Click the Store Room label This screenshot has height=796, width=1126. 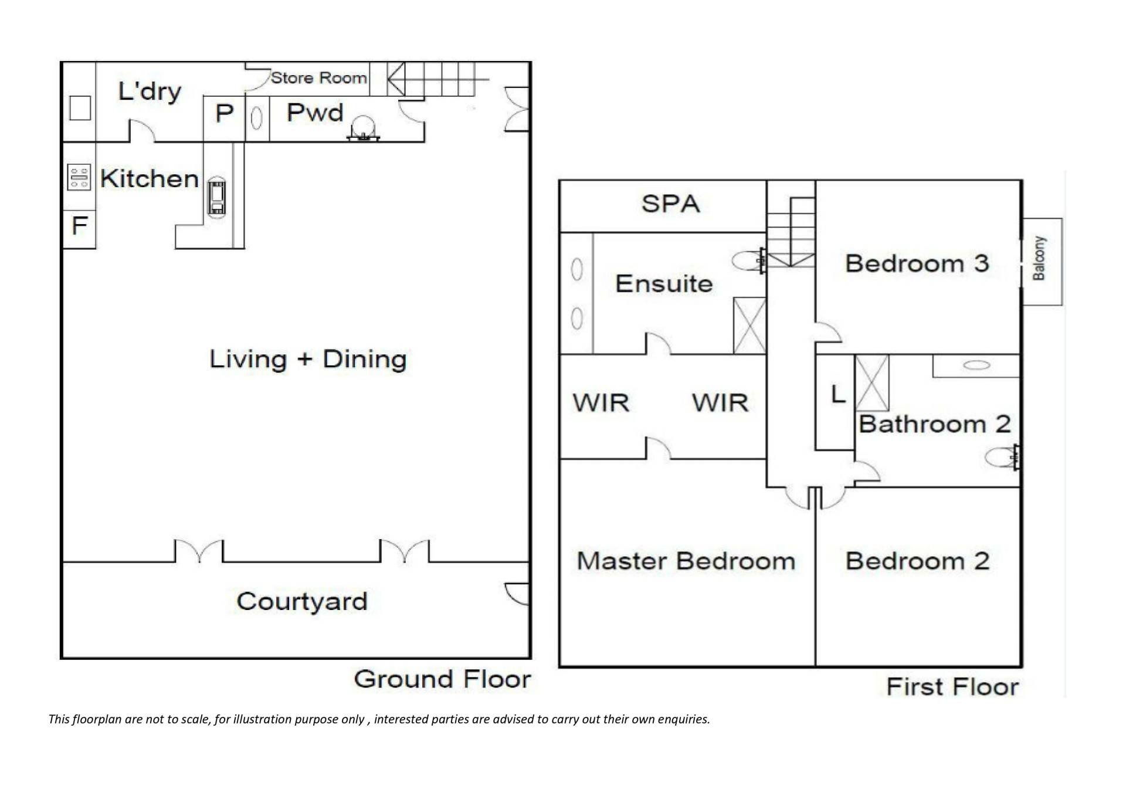coord(319,77)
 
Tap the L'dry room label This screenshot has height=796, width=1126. coord(150,92)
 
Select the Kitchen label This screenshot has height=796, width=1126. coord(150,178)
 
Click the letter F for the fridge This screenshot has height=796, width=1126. coord(80,225)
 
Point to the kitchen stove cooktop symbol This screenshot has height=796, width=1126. coord(79,177)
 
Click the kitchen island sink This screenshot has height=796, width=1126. coord(216,197)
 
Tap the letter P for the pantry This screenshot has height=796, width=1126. coord(225,113)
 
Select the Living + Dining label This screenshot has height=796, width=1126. coord(308,359)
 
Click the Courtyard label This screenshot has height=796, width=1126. coord(302,601)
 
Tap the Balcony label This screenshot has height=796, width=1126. coord(1039,258)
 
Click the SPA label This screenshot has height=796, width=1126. coord(670,204)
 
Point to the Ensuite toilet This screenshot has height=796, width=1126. coord(749,260)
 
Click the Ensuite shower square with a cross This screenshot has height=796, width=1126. coord(750,326)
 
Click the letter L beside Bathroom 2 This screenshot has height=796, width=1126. coord(839,394)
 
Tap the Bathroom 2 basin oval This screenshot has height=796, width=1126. coord(976,365)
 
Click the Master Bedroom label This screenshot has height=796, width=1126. coord(686,561)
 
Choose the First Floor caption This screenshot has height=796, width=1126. coord(952,686)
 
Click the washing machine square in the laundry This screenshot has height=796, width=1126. coord(80,108)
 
